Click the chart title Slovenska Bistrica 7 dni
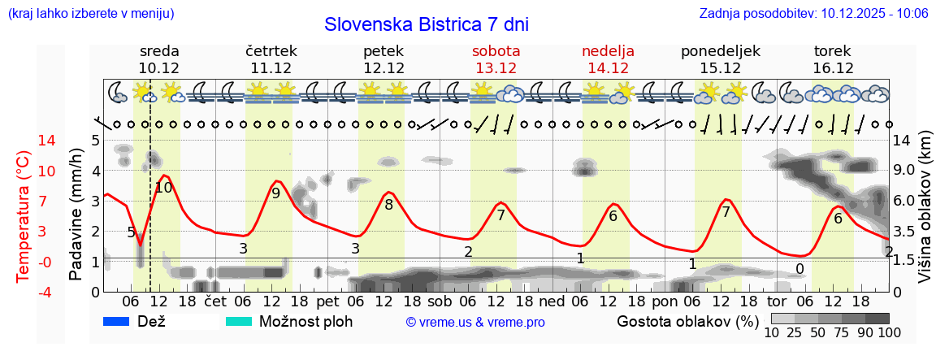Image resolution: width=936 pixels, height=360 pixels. pyautogui.click(x=426, y=24)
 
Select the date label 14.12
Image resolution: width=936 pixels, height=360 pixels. pyautogui.click(x=608, y=68)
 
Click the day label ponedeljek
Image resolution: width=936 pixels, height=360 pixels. pyautogui.click(x=720, y=51)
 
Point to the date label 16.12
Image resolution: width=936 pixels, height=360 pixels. pyautogui.click(x=833, y=68)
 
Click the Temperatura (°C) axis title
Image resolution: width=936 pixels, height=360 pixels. pyautogui.click(x=24, y=215)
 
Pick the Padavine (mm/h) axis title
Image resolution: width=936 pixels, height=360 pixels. pyautogui.click(x=76, y=215)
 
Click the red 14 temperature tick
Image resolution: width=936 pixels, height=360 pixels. pyautogui.click(x=24, y=141)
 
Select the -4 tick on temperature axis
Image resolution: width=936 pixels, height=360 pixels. pyautogui.click(x=24, y=292)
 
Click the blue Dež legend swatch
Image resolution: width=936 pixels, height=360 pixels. pyautogui.click(x=118, y=322)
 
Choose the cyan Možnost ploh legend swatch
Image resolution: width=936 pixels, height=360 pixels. pyautogui.click(x=239, y=322)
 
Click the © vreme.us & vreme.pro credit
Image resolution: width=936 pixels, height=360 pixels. pyautogui.click(x=475, y=323)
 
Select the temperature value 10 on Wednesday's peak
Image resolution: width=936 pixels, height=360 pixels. pyautogui.click(x=163, y=188)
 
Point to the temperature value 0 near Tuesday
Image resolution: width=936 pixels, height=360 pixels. pyautogui.click(x=799, y=269)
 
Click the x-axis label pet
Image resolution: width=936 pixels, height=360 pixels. pyautogui.click(x=327, y=301)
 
